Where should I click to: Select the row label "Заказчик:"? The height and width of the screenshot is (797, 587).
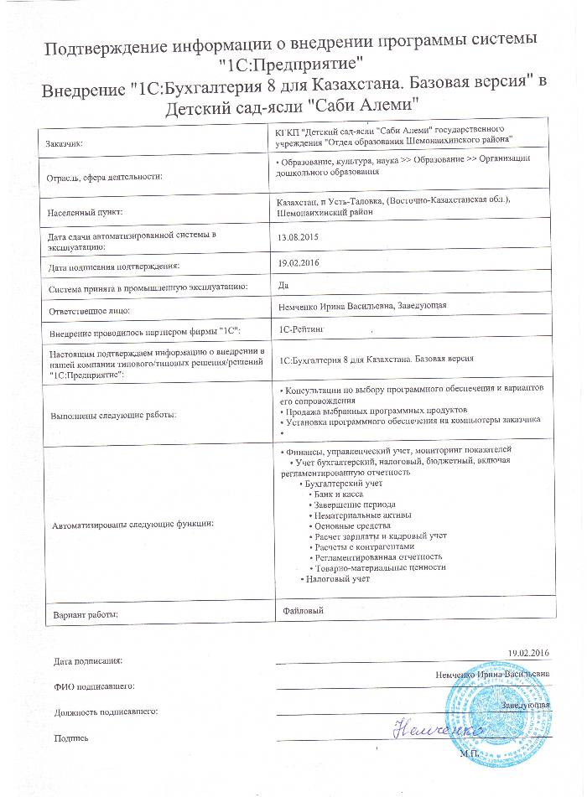coord(70,144)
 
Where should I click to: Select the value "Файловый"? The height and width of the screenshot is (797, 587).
coord(304,612)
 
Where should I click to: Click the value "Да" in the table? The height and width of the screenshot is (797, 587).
coord(283,285)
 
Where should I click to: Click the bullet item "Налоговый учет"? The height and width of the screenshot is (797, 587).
coord(337,578)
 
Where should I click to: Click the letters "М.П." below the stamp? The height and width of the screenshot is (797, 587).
coord(470,753)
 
